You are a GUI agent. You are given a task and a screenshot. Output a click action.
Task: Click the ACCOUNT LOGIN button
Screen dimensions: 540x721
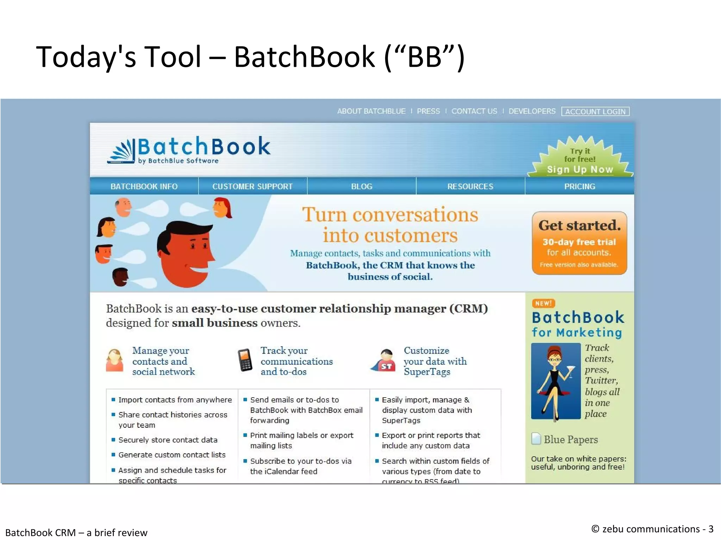[x=595, y=112]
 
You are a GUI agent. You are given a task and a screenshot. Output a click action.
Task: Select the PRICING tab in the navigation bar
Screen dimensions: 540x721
[x=579, y=186]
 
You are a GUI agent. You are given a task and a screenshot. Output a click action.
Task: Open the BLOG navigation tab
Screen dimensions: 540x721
[x=362, y=186]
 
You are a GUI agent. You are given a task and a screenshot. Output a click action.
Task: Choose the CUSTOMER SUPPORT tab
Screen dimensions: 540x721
[x=252, y=186]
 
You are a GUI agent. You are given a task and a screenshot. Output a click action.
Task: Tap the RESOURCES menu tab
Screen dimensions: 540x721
[x=470, y=186]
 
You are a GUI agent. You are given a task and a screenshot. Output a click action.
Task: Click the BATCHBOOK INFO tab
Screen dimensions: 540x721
[x=144, y=186]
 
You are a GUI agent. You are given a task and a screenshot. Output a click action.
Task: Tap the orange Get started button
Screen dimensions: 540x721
[x=579, y=243]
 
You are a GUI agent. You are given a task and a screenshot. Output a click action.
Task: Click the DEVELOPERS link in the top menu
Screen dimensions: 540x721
[x=532, y=112]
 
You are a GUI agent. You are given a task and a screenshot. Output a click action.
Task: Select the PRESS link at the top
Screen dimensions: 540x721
[x=428, y=112]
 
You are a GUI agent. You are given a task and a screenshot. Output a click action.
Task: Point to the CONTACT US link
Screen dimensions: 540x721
[x=474, y=112]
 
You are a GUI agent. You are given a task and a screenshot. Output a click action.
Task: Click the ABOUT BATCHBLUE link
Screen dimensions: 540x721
[x=371, y=112]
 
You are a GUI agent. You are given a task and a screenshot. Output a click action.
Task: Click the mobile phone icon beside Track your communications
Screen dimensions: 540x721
[x=245, y=360]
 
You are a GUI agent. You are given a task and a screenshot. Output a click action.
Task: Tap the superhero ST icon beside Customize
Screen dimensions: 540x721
[x=385, y=361]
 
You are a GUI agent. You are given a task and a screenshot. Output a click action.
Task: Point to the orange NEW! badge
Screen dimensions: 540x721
[x=543, y=303]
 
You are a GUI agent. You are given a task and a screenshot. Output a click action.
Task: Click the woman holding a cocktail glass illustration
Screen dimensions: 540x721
[x=556, y=381]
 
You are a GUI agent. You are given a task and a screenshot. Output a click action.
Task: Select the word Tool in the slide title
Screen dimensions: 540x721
[x=173, y=57]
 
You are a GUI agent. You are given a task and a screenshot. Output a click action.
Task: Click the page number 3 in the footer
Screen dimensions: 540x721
[x=711, y=529]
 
